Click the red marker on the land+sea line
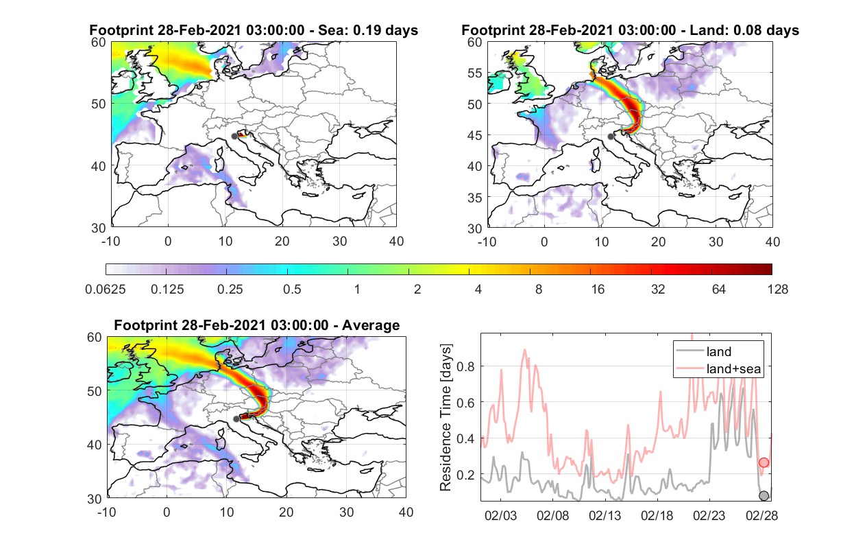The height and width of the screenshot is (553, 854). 764,462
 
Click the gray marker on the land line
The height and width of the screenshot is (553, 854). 764,496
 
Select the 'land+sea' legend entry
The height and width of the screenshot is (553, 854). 718,368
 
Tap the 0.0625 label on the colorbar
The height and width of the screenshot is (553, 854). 106,290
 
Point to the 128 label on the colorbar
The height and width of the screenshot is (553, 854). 777,290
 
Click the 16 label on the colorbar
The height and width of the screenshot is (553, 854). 598,290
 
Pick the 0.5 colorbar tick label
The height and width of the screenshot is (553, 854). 292,290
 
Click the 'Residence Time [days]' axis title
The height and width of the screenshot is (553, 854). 446,418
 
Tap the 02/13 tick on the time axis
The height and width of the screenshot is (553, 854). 605,515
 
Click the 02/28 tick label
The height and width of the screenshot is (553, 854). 761,515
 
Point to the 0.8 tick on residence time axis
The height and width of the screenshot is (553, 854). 465,366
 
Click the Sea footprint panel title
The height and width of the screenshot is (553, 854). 254,30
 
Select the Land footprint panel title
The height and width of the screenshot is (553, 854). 630,30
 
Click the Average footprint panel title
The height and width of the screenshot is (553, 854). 257,325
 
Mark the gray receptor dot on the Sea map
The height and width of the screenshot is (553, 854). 234,137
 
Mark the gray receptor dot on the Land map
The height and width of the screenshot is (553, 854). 611,137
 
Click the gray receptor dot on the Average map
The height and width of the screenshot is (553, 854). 236,419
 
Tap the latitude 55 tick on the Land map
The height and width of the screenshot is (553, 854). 475,73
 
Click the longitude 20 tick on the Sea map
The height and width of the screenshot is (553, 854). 282,242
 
